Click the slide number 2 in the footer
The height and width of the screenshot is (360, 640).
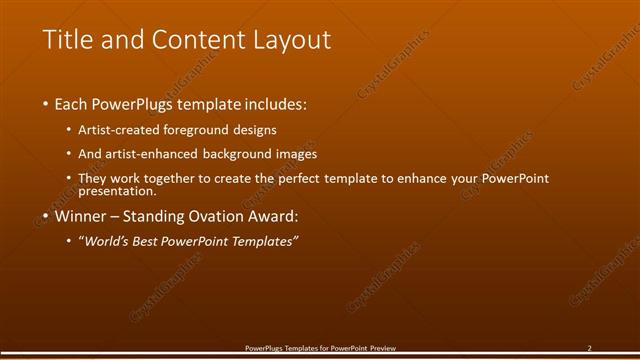click(x=589, y=348)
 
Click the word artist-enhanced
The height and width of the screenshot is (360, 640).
click(x=157, y=154)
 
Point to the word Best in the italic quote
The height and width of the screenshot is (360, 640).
click(x=155, y=241)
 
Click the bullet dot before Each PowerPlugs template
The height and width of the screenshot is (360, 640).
click(x=45, y=104)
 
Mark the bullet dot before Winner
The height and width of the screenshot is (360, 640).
click(x=45, y=216)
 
